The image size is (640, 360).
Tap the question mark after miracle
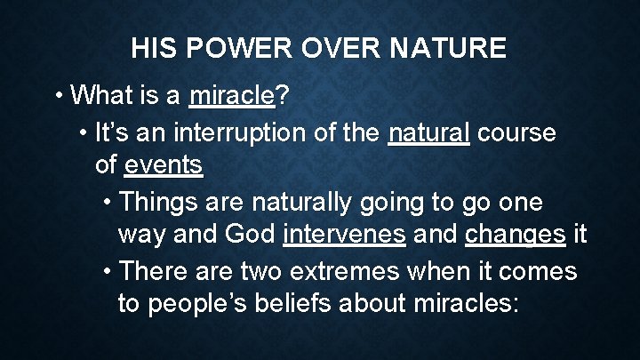point(281,95)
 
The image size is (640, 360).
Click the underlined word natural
point(429,133)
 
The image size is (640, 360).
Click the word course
point(516,133)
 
